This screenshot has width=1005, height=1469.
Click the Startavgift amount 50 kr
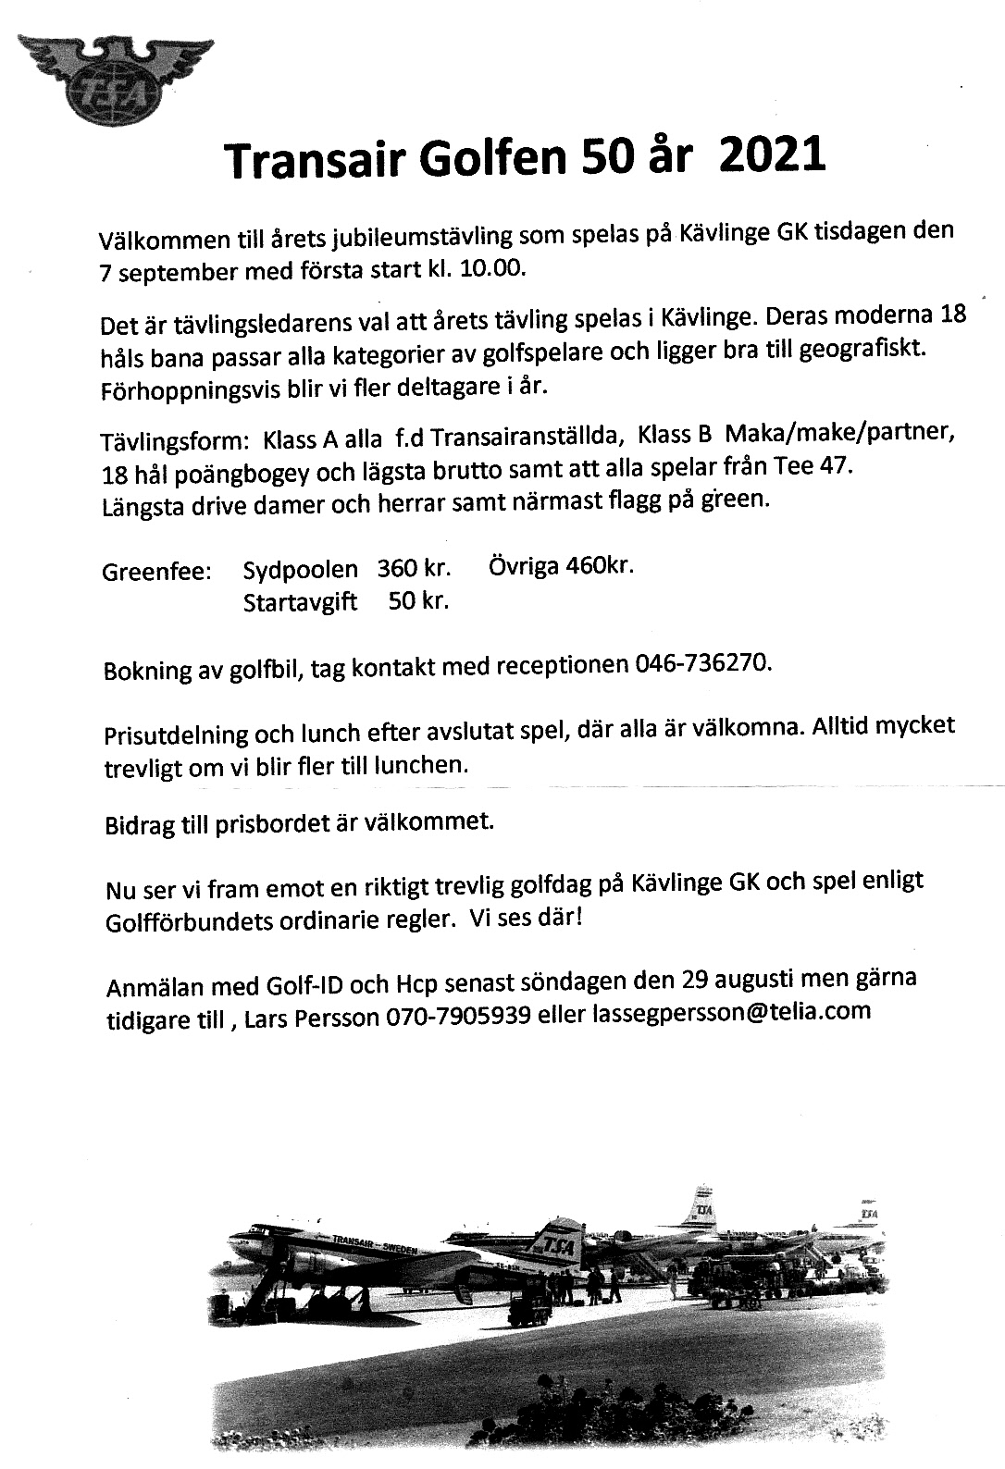click(418, 601)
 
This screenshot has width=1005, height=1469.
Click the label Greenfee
click(156, 572)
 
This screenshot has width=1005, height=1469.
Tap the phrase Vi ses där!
click(532, 919)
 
